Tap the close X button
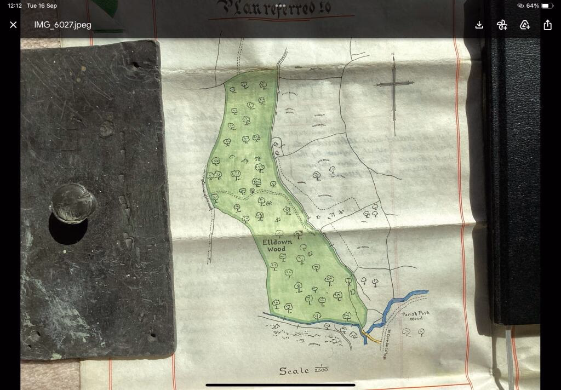pyautogui.click(x=13, y=25)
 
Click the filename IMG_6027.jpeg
pyautogui.click(x=62, y=25)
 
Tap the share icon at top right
pyautogui.click(x=547, y=25)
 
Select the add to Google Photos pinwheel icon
pyautogui.click(x=501, y=25)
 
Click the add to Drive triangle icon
pyautogui.click(x=524, y=25)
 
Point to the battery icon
pyautogui.click(x=547, y=5)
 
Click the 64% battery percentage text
pyautogui.click(x=533, y=5)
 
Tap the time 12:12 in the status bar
pyautogui.click(x=15, y=5)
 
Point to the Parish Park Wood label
pyautogui.click(x=415, y=316)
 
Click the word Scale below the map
pyautogui.click(x=294, y=371)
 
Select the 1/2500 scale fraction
pyautogui.click(x=321, y=370)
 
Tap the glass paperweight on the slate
pyautogui.click(x=73, y=202)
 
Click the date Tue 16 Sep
pyautogui.click(x=42, y=5)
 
